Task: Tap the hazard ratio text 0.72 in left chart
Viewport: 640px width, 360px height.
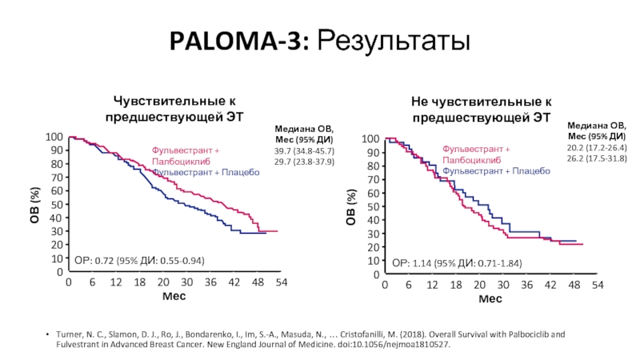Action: [x=106, y=260]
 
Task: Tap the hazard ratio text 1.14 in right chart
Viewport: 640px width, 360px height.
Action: [x=422, y=262]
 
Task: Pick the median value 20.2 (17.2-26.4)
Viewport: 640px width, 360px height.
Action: [x=597, y=148]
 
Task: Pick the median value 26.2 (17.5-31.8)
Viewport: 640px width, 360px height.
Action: [x=597, y=158]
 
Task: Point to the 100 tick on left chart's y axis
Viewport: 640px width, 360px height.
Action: [x=54, y=138]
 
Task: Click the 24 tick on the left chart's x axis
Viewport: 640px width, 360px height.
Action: [x=162, y=283]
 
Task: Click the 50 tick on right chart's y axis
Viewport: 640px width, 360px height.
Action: [x=371, y=206]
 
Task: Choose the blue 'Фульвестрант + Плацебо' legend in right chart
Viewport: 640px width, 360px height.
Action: [x=496, y=171]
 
